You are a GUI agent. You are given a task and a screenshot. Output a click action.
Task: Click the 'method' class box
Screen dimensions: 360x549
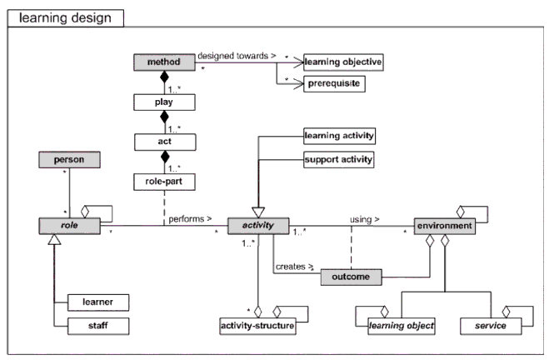(162, 62)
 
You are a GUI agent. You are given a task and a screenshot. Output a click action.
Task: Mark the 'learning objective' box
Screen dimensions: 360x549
(342, 62)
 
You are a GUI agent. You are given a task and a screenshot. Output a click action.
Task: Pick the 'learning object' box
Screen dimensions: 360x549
(402, 324)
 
